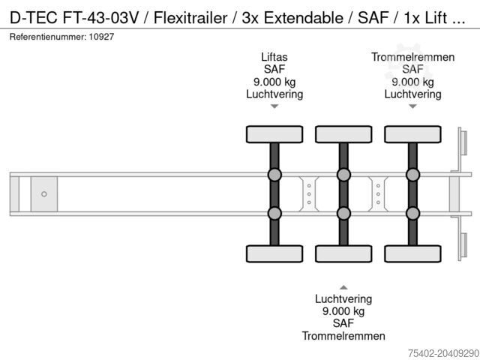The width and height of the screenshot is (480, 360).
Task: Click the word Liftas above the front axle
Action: click(x=274, y=57)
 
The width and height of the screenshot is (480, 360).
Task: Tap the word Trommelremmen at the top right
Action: click(x=412, y=57)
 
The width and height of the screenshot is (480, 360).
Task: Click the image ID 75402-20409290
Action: click(x=436, y=352)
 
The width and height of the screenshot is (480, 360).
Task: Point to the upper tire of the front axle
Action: click(x=274, y=134)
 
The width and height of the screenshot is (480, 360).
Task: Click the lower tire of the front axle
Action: click(x=274, y=253)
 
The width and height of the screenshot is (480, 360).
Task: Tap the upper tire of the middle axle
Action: click(x=343, y=134)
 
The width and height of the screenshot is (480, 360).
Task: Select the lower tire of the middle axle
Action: click(x=343, y=253)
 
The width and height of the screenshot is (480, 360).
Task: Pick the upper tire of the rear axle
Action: click(x=412, y=134)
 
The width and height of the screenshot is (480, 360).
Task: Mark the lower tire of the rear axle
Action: click(x=412, y=253)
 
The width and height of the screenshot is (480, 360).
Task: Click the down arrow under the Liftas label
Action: click(x=274, y=106)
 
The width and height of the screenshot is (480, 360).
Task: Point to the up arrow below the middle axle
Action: click(x=343, y=286)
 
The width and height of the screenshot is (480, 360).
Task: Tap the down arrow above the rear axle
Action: click(x=412, y=106)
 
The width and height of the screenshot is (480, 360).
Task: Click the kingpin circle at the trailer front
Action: click(x=43, y=194)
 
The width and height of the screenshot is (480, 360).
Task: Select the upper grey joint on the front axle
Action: click(x=274, y=175)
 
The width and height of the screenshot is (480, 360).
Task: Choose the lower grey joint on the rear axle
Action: click(x=412, y=214)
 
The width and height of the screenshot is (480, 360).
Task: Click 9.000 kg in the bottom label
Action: click(x=343, y=311)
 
